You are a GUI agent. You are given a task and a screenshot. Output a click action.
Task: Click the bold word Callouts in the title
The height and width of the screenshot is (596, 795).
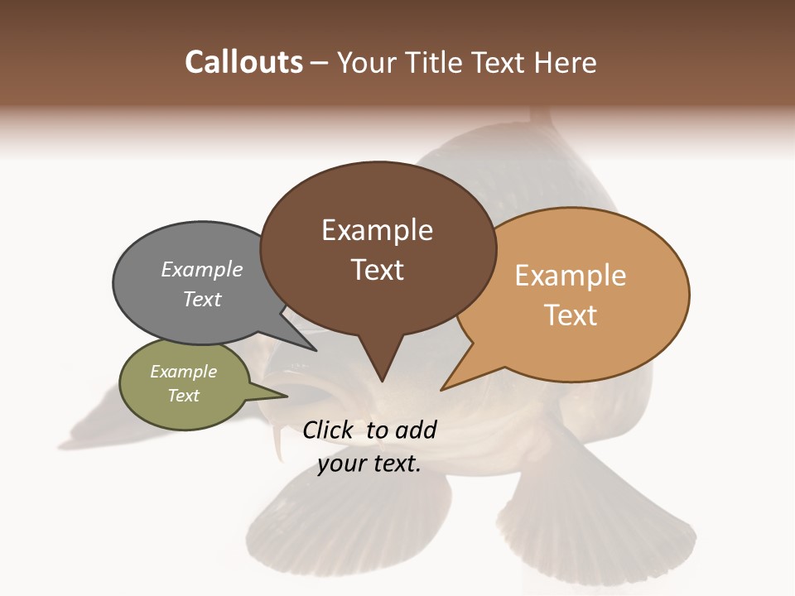(x=243, y=62)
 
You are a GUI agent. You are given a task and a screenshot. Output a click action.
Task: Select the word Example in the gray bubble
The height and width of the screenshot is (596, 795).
(x=202, y=270)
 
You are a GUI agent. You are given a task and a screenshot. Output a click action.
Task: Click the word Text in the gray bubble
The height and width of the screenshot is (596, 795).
(x=202, y=299)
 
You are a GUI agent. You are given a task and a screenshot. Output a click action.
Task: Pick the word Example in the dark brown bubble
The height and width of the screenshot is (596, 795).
(x=377, y=230)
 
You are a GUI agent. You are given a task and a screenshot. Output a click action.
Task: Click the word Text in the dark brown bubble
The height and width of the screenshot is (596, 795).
(x=377, y=270)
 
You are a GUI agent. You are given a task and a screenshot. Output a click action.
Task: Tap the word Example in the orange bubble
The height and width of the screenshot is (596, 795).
(x=571, y=275)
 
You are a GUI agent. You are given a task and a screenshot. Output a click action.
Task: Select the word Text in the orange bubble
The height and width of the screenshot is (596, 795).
(x=571, y=315)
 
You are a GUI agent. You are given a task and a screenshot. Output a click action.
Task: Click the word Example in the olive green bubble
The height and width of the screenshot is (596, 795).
(x=184, y=372)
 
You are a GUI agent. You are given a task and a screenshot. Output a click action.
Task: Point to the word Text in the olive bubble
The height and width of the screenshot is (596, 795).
(x=184, y=396)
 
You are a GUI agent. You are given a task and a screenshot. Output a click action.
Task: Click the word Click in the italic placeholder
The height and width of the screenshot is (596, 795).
(x=329, y=430)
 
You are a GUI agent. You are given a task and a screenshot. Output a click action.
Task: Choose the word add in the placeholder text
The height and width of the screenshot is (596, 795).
(x=416, y=430)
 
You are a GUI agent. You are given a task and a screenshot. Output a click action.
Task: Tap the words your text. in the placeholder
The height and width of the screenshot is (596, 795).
(x=369, y=464)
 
